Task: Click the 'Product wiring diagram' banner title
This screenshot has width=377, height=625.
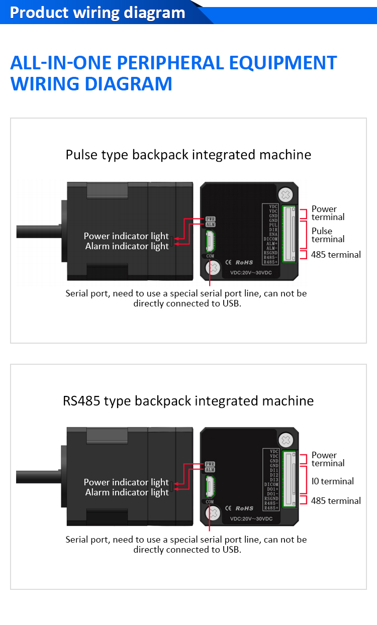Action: coord(98,13)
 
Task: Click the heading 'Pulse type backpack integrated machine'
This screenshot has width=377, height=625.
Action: coord(189,155)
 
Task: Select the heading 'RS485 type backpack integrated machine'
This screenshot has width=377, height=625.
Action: coord(189,401)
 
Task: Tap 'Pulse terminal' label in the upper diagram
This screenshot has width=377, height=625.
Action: coord(328,235)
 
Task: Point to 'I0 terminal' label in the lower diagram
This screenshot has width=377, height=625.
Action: coord(332,481)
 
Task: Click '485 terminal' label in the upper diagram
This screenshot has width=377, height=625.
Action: coord(336,255)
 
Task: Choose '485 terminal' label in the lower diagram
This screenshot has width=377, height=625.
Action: coord(336,501)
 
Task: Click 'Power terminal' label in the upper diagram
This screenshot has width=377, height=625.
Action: coord(328,213)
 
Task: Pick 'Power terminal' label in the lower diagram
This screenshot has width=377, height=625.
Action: coord(328,459)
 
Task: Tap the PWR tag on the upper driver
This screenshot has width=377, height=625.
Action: coord(210,219)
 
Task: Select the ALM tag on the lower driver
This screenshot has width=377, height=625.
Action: coord(210,470)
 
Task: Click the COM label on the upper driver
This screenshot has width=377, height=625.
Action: coord(210,256)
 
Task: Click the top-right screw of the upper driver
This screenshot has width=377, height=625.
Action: coord(286,194)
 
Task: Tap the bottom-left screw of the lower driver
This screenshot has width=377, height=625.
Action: coord(214,513)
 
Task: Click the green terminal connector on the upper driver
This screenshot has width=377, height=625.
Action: coord(290,234)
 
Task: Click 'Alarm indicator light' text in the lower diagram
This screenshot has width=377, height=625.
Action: coord(127,492)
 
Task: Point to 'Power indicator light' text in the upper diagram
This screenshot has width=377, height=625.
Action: coord(126,236)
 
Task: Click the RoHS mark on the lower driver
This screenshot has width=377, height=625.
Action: coord(244,508)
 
